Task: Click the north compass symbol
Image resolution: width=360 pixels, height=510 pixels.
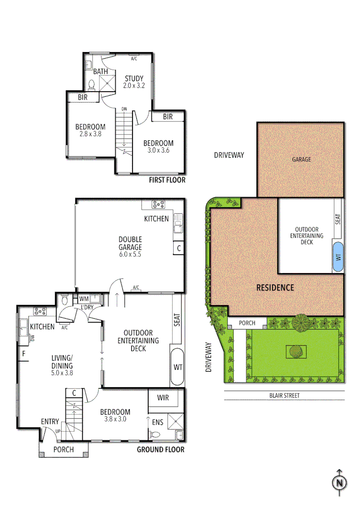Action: pyautogui.click(x=339, y=483)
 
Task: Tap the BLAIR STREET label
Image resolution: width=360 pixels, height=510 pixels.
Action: pyautogui.click(x=284, y=396)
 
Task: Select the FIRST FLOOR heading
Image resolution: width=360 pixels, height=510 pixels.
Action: pyautogui.click(x=167, y=180)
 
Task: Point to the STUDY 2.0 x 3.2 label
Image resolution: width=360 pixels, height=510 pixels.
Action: pyautogui.click(x=134, y=82)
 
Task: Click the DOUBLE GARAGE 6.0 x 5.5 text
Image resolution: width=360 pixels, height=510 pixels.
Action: pyautogui.click(x=130, y=246)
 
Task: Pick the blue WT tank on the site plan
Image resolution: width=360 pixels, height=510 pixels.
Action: pyautogui.click(x=337, y=257)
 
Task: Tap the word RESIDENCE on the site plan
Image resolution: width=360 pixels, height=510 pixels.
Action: pyautogui.click(x=275, y=288)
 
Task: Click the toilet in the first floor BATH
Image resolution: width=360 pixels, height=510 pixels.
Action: pyautogui.click(x=92, y=85)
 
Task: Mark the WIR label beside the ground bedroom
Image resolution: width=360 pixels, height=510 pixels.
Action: pyautogui.click(x=163, y=398)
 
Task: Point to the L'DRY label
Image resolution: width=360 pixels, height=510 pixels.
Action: pyautogui.click(x=87, y=307)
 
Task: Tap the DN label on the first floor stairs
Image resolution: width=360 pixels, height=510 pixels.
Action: pyautogui.click(x=124, y=109)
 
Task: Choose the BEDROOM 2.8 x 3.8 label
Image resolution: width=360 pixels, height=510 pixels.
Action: pyautogui.click(x=90, y=130)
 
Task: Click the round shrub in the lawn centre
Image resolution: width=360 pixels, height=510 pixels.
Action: pyautogui.click(x=295, y=351)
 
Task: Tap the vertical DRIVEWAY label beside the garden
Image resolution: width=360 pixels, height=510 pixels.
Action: pyautogui.click(x=209, y=357)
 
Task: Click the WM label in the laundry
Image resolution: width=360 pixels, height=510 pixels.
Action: pyautogui.click(x=84, y=298)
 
